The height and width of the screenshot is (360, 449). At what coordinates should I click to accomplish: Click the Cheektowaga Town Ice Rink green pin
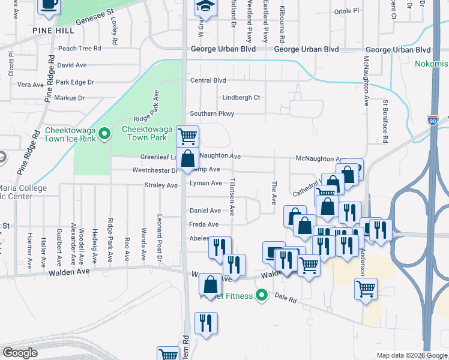104,133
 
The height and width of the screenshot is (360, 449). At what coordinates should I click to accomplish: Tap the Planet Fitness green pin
261,295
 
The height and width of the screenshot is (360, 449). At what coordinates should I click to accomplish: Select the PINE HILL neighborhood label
54,30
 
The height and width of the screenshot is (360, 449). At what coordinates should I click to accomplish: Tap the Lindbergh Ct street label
241,97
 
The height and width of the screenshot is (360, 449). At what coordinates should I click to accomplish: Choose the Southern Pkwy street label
212,113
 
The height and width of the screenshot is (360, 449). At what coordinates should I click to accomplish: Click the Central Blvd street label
208,80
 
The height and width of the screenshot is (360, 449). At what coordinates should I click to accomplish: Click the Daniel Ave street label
205,211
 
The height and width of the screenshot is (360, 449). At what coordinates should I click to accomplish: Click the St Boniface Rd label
385,122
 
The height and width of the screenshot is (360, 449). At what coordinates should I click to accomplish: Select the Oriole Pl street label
346,11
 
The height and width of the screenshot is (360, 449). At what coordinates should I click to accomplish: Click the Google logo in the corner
20,353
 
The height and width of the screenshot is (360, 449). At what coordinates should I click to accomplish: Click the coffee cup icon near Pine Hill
49,5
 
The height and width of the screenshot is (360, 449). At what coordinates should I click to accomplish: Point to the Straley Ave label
161,185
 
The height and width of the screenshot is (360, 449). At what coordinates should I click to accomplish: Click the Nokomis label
431,63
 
